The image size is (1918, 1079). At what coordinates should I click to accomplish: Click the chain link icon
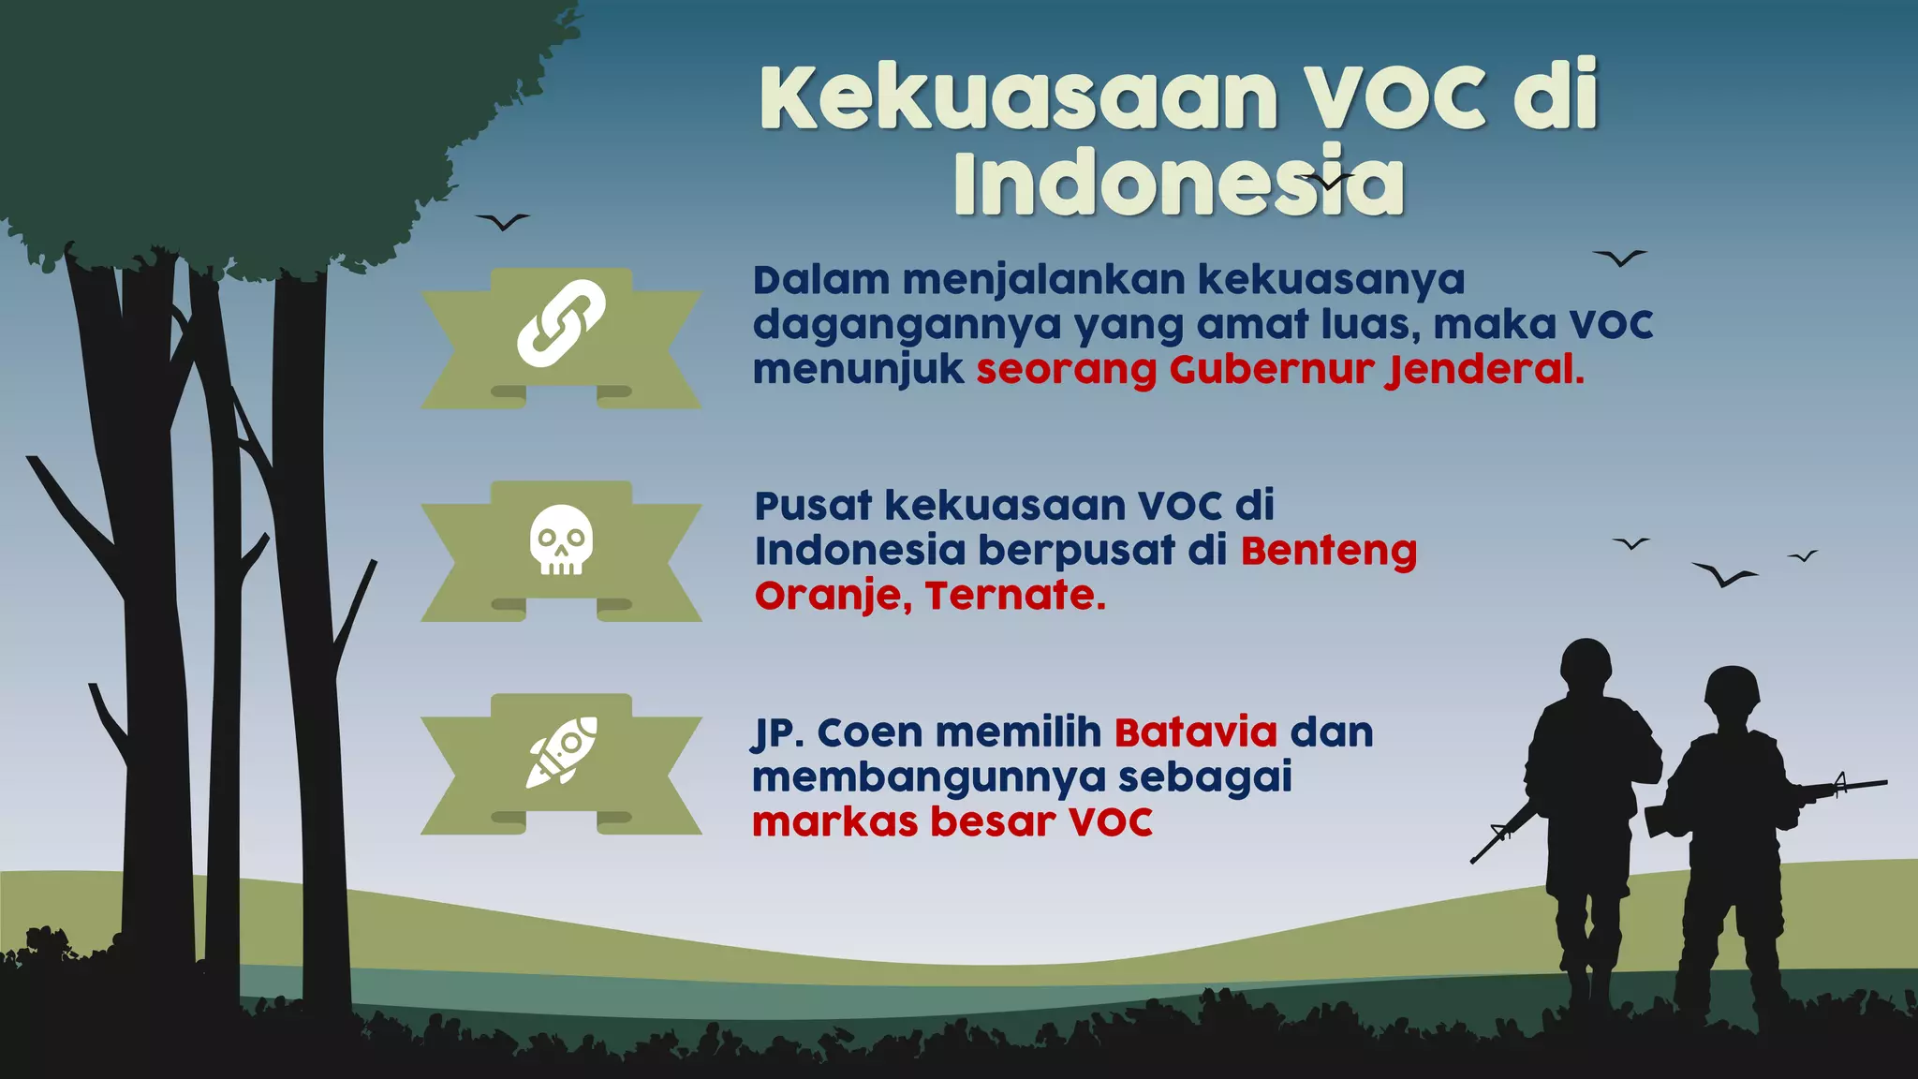561,323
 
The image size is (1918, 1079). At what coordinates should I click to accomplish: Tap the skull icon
561,539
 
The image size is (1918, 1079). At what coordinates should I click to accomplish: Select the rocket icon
561,752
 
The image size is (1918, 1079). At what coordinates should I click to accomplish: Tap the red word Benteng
1328,553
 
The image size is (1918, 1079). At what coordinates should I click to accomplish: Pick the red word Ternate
1015,596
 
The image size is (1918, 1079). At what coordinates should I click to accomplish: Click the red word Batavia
1195,732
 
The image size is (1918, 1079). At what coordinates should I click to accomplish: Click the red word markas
834,822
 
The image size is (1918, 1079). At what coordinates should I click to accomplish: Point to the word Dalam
821,280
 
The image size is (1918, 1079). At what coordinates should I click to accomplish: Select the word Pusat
813,507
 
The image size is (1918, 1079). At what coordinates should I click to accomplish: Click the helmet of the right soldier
1732,687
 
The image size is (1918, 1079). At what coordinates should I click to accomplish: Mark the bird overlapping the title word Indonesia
1325,180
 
